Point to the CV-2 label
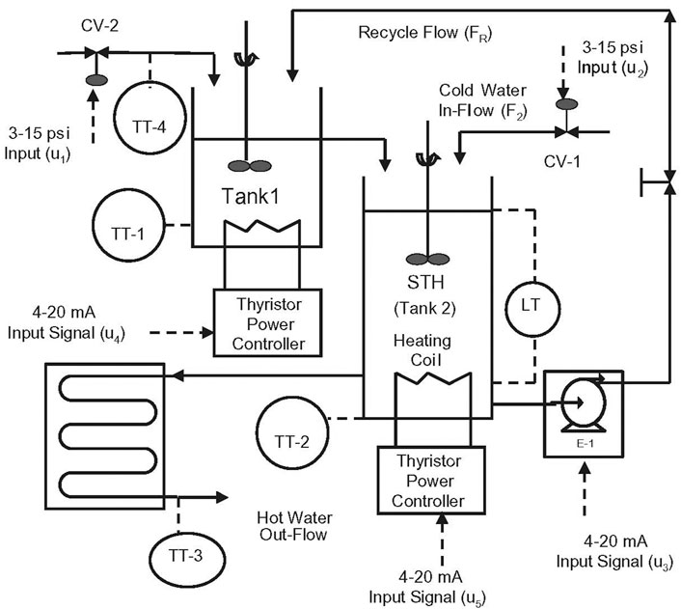click(x=99, y=26)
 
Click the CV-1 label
click(x=561, y=162)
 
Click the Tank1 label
click(x=250, y=196)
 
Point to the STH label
click(x=425, y=283)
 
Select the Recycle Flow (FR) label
click(x=425, y=34)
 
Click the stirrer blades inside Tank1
click(x=250, y=166)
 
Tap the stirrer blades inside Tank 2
click(x=428, y=259)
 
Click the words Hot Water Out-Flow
click(x=294, y=526)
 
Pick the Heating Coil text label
click(x=422, y=350)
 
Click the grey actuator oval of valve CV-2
click(x=96, y=80)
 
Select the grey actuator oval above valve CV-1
click(x=567, y=104)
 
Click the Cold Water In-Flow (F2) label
click(x=482, y=100)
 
